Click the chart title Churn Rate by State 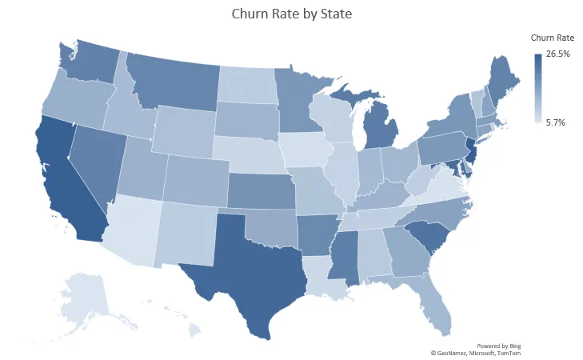click(291, 14)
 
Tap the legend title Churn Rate click(553, 38)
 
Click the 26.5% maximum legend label click(557, 54)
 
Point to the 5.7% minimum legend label click(556, 122)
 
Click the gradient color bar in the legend click(538, 88)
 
